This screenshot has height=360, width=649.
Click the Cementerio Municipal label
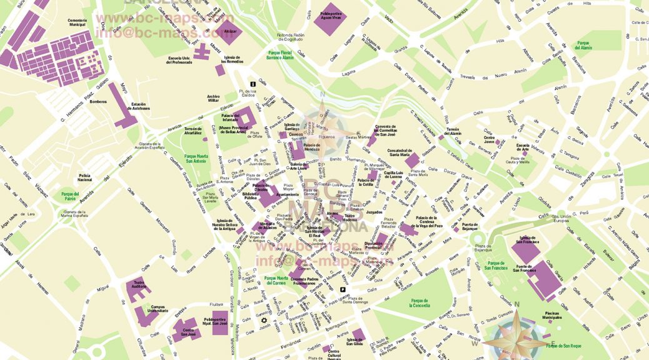(77, 23)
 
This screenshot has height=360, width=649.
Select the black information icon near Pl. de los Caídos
(253, 84)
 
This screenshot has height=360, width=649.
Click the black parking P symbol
(343, 289)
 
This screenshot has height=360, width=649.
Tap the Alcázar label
(231, 31)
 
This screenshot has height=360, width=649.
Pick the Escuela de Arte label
(523, 148)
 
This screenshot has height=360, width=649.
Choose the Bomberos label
(98, 101)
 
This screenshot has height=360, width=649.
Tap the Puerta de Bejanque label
(470, 227)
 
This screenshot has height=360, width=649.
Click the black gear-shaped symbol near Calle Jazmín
(264, 321)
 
